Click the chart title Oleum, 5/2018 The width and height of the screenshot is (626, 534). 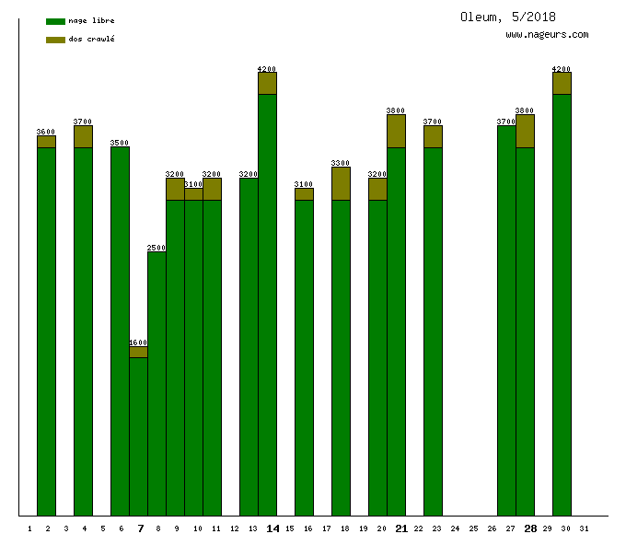pyautogui.click(x=508, y=17)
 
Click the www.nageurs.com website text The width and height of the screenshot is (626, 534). pyautogui.click(x=547, y=34)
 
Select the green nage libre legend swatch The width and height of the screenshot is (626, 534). pyautogui.click(x=55, y=21)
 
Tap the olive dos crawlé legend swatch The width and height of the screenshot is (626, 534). pyautogui.click(x=55, y=40)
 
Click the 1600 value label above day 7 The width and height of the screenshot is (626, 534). pyautogui.click(x=138, y=342)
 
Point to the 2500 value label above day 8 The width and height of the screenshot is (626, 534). pyautogui.click(x=156, y=248)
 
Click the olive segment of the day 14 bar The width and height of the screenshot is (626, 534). pyautogui.click(x=267, y=83)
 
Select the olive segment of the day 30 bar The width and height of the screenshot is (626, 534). pyautogui.click(x=562, y=83)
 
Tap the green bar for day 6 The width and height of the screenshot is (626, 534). pyautogui.click(x=120, y=331)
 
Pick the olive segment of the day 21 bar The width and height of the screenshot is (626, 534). pyautogui.click(x=396, y=131)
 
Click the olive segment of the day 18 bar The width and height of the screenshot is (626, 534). pyautogui.click(x=341, y=183)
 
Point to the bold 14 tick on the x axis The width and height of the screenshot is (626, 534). pyautogui.click(x=272, y=528)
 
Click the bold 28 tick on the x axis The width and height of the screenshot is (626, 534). pyautogui.click(x=530, y=528)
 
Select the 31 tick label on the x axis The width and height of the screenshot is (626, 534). pyautogui.click(x=585, y=528)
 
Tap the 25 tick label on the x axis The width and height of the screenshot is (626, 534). pyautogui.click(x=473, y=528)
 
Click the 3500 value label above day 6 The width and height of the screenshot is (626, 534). pyautogui.click(x=120, y=143)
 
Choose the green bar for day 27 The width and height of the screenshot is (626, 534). pyautogui.click(x=506, y=322)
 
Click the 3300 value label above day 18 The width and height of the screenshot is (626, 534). pyautogui.click(x=341, y=163)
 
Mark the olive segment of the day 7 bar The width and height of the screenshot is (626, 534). pyautogui.click(x=138, y=352)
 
